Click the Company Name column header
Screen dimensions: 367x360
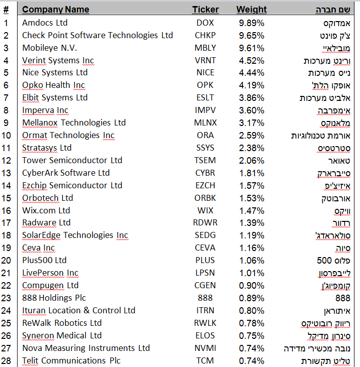pyautogui.click(x=55, y=10)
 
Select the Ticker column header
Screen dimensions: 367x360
pyautogui.click(x=205, y=10)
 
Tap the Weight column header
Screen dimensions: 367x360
pyautogui.click(x=252, y=10)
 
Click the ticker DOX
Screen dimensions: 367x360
pyautogui.click(x=205, y=23)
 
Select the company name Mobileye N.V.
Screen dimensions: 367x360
pyautogui.click(x=48, y=48)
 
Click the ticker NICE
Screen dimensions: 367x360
pyautogui.click(x=205, y=73)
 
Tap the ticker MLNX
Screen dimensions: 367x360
pyautogui.click(x=205, y=123)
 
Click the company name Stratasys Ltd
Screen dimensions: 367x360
pyautogui.click(x=47, y=148)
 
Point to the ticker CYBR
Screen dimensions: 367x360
pyautogui.click(x=205, y=173)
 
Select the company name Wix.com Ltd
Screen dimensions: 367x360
pyautogui.click(x=46, y=210)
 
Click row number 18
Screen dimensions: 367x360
pyautogui.click(x=6, y=235)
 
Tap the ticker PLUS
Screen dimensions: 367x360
pyautogui.click(x=205, y=260)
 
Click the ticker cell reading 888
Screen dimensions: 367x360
pyautogui.click(x=205, y=298)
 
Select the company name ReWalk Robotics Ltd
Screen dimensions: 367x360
pyautogui.click(x=62, y=323)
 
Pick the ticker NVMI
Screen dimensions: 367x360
pyautogui.click(x=205, y=348)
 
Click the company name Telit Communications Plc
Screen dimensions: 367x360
pyautogui.click(x=71, y=360)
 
